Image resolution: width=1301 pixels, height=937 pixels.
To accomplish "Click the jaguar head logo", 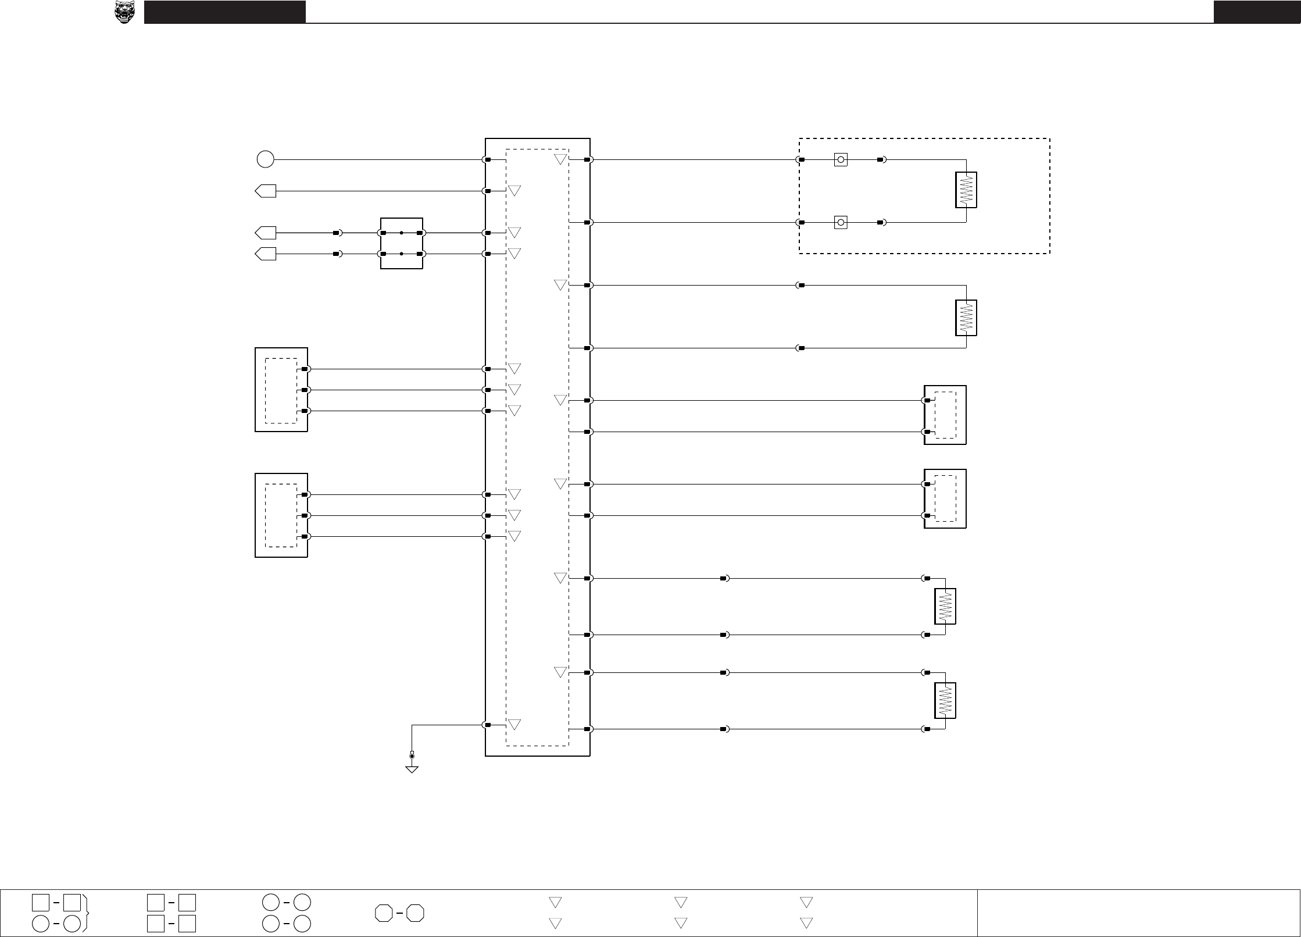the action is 124,12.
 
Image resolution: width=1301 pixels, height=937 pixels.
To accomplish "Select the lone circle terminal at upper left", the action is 265,159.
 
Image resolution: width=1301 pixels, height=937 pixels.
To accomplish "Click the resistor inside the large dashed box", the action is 966,190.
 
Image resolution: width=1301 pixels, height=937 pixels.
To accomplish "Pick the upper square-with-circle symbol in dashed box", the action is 840,159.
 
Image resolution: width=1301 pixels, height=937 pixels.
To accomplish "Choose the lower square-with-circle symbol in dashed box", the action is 840,222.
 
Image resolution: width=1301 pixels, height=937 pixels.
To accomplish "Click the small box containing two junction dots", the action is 401,243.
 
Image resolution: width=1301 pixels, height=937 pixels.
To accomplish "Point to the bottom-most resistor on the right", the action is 945,700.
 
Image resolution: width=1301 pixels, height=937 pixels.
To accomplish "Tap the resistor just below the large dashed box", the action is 966,318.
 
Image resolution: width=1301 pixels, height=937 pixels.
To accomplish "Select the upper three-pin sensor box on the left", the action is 281,390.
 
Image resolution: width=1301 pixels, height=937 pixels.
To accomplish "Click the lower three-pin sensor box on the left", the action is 281,515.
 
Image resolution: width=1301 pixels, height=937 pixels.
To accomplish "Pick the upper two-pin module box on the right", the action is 945,415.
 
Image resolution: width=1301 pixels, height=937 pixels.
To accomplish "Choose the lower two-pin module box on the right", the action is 945,498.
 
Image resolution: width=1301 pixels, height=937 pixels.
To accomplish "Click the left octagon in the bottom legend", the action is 384,913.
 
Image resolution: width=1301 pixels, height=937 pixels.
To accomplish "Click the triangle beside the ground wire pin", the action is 514,725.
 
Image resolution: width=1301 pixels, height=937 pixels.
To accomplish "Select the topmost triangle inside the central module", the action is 560,159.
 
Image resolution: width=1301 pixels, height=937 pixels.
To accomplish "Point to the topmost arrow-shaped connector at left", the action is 266,191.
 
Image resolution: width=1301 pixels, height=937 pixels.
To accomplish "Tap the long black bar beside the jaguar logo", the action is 225,12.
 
